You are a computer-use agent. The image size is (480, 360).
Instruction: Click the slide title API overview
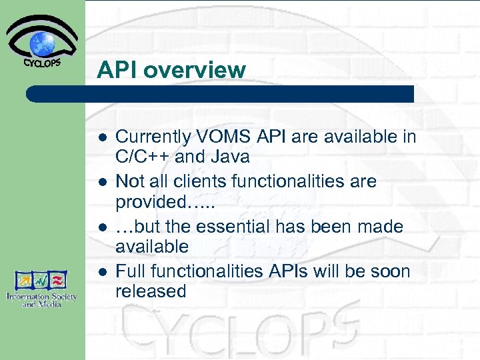(x=171, y=69)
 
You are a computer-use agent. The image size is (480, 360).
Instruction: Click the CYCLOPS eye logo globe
(x=42, y=43)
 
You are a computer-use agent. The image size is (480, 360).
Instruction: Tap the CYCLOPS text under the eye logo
(x=42, y=64)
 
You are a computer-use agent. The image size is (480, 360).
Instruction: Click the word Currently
(x=153, y=137)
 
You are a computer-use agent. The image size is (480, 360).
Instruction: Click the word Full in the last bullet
(x=131, y=271)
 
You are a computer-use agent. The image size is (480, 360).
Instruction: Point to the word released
(x=151, y=291)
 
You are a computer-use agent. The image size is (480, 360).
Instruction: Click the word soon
(x=389, y=271)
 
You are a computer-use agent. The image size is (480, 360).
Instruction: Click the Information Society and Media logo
(x=42, y=287)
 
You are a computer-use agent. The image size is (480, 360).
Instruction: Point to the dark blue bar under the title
(x=220, y=94)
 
